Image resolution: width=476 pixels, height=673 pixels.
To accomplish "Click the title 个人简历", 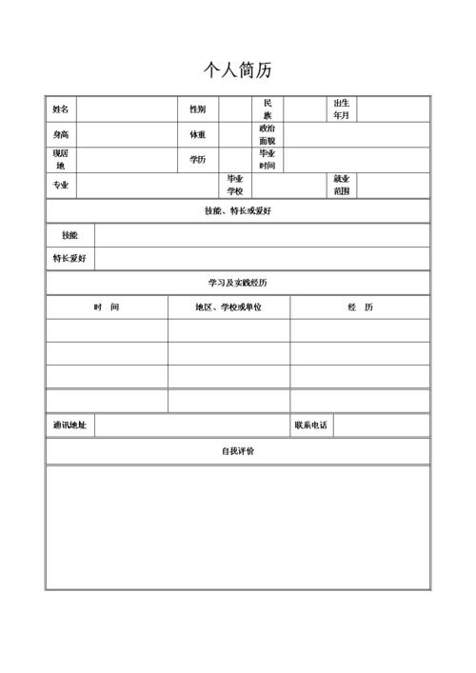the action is [238, 70].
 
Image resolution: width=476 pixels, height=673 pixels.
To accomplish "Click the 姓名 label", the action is [60, 109].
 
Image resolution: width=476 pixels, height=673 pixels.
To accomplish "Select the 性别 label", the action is [197, 109].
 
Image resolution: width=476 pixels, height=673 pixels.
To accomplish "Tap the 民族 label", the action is [268, 109].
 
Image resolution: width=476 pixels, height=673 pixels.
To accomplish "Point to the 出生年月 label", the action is [341, 109].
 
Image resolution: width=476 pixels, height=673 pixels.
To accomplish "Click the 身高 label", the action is [60, 135].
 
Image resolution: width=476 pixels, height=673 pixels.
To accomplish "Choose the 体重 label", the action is [197, 135].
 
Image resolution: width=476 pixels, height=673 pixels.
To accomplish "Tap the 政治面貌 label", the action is [268, 134].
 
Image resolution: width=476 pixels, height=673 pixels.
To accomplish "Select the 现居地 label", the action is [60, 159].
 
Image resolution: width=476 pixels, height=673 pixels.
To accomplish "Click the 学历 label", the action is [197, 160].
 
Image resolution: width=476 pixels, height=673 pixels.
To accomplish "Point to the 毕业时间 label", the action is [268, 159].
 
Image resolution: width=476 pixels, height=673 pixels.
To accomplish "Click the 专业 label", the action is [60, 185].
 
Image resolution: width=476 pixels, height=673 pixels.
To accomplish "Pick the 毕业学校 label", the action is [234, 185].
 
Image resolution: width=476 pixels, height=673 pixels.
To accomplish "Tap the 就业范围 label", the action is [341, 185].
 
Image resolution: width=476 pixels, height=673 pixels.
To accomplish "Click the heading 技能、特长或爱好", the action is [238, 210].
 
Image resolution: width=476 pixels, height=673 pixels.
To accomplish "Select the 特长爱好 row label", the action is [69, 258].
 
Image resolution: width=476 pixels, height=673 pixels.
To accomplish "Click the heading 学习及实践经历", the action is [238, 283].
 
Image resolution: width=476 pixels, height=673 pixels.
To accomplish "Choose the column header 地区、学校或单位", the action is [228, 307].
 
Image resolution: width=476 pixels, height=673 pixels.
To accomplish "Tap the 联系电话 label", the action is [311, 426].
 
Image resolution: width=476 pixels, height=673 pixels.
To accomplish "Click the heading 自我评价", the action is [238, 451].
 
